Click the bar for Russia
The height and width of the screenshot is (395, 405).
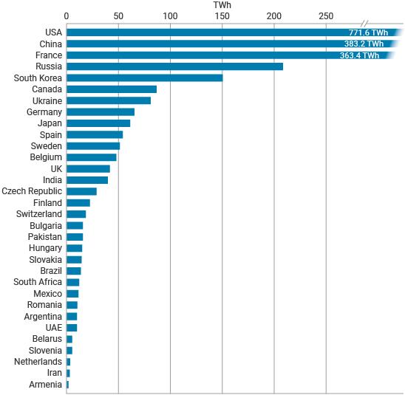click(174, 66)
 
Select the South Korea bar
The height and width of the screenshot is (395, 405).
click(144, 78)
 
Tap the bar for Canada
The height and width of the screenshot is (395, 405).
click(112, 89)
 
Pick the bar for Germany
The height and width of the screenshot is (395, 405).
click(101, 112)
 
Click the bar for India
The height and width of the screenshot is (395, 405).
click(87, 180)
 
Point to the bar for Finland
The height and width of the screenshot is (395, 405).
click(78, 203)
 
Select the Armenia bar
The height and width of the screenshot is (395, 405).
click(68, 385)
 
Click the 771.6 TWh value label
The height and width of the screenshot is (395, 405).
click(368, 32)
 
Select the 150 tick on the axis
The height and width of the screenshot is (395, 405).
click(222, 16)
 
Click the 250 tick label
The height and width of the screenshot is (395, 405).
click(326, 16)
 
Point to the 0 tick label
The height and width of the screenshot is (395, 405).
click(67, 16)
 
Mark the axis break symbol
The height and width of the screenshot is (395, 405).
click(366, 23)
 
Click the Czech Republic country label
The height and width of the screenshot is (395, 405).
click(32, 191)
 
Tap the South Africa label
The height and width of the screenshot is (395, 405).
click(38, 282)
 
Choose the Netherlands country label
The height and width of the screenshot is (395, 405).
click(38, 362)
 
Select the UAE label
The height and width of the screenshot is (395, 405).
click(53, 328)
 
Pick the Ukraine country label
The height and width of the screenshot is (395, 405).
click(47, 100)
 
